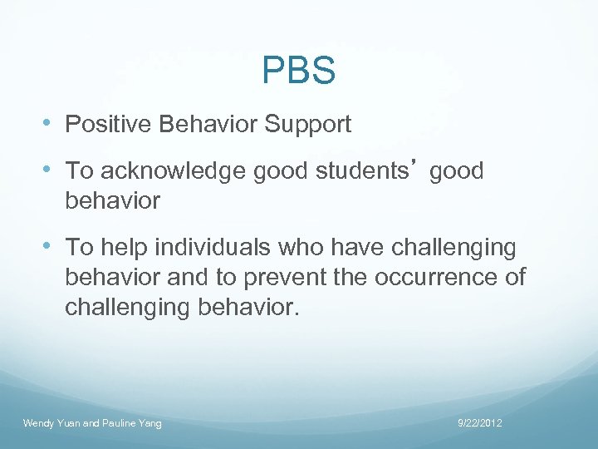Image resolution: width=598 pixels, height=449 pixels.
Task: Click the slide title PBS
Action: pyautogui.click(x=298, y=71)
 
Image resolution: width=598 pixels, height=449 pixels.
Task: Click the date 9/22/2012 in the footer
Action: pyautogui.click(x=480, y=423)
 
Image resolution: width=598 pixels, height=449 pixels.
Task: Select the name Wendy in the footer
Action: pyautogui.click(x=38, y=423)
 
